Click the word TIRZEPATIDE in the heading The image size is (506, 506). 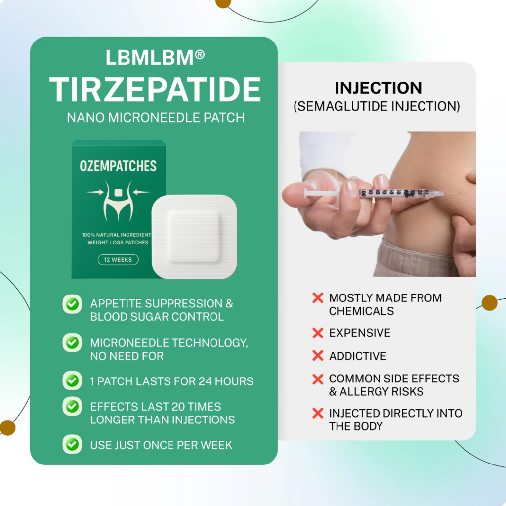tap(155, 89)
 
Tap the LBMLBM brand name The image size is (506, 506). tap(149, 58)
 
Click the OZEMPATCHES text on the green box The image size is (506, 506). tap(118, 166)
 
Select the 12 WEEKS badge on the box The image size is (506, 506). tap(118, 260)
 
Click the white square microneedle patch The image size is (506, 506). tap(194, 237)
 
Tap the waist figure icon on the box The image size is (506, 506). tap(118, 201)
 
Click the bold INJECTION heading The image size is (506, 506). tap(378, 88)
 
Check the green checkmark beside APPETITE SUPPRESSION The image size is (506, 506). tap(72, 304)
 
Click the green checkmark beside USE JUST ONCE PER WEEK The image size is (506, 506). tap(72, 444)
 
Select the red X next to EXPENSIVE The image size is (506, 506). tap(318, 333)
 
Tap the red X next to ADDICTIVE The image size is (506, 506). tap(318, 356)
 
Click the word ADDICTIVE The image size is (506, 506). tap(358, 356)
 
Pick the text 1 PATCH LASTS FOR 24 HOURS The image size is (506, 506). tap(171, 381)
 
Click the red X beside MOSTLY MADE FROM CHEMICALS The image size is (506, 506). tap(318, 298)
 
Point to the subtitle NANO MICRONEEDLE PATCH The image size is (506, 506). tap(156, 118)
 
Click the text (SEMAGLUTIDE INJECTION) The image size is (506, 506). tap(377, 106)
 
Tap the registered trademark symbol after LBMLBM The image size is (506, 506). tap(200, 54)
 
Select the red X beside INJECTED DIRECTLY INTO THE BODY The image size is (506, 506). tap(318, 413)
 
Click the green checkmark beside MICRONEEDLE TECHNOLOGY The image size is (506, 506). tap(72, 342)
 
